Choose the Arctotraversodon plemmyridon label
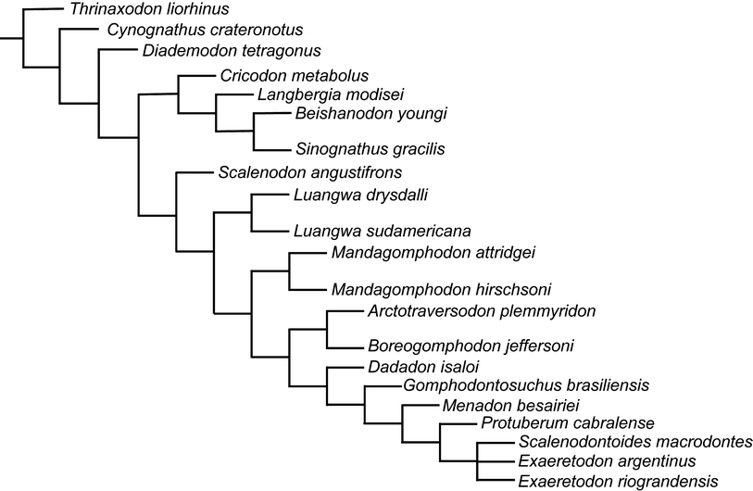481,310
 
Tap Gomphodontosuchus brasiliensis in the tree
525,385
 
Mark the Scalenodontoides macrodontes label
635,443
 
